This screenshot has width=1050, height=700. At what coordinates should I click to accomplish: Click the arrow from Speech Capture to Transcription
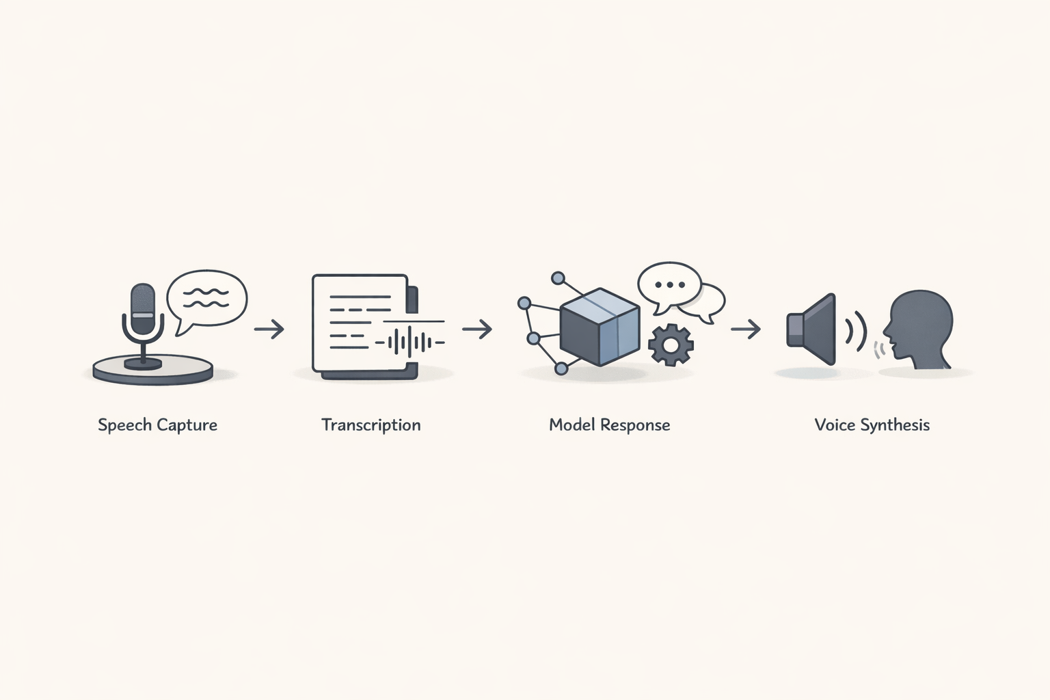(x=269, y=329)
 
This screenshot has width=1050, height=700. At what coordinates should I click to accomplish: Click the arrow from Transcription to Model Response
(x=477, y=329)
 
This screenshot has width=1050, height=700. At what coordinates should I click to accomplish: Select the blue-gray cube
(x=600, y=327)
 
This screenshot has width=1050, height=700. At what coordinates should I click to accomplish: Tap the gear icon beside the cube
(x=671, y=345)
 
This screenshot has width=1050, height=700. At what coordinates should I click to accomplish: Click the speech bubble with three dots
(x=669, y=284)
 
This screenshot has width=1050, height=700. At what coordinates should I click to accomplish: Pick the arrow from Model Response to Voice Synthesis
(x=745, y=329)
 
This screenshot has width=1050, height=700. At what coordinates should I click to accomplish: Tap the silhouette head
(x=920, y=328)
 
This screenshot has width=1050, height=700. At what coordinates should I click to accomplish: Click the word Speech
(x=124, y=425)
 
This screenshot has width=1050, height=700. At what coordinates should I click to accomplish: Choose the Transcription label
(x=371, y=425)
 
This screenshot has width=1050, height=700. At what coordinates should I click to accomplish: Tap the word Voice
(x=835, y=425)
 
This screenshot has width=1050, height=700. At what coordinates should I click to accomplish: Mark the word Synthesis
(x=895, y=425)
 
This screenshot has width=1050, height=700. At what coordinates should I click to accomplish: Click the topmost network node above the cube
(x=558, y=278)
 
